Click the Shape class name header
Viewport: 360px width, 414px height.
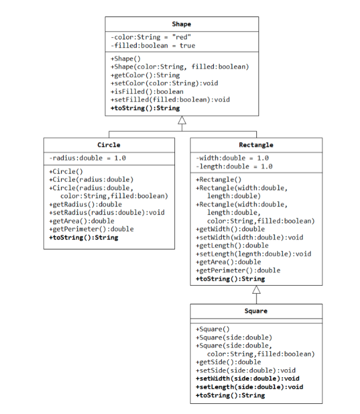[181, 24]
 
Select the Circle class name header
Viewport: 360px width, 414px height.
[108, 145]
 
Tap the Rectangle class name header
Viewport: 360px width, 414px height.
[256, 145]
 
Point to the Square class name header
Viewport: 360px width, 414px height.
[256, 311]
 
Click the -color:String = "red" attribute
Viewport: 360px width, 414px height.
[151, 37]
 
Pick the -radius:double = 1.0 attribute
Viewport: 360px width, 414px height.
[87, 158]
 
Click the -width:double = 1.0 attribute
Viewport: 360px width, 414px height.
[232, 158]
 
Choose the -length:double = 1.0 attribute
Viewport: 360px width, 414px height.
[234, 167]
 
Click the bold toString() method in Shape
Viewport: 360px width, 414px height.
[145, 107]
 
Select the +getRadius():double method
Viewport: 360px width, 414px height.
[85, 204]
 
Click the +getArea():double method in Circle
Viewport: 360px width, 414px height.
[81, 221]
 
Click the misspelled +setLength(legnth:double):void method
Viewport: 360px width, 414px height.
[254, 254]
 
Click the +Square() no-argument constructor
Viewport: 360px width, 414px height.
[213, 329]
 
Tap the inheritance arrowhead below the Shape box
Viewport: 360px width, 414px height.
[182, 121]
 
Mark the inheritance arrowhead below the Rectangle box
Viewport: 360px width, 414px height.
[256, 290]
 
